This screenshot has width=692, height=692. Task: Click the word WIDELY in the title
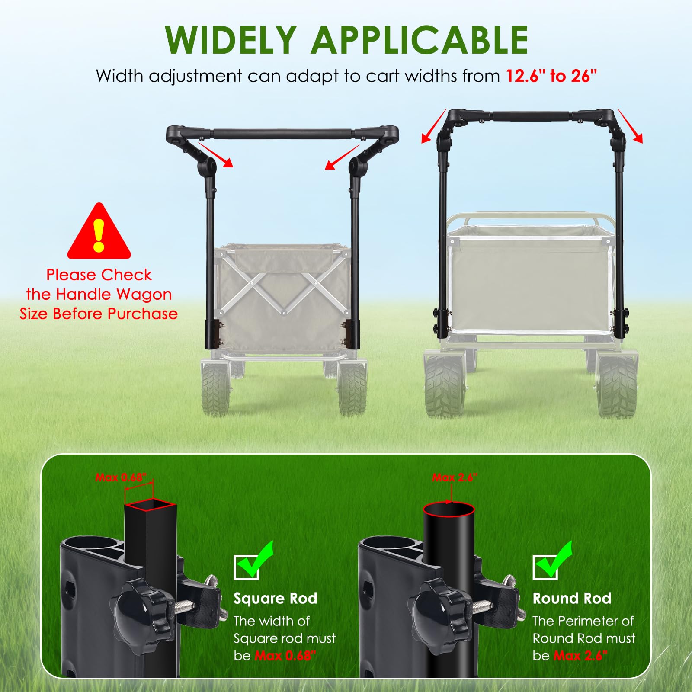[x=231, y=40]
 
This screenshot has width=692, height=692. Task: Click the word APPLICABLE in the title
[x=420, y=40]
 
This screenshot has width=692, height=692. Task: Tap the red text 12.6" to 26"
[x=551, y=76]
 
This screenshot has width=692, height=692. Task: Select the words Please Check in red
[x=99, y=275]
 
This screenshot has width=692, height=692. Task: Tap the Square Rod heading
[x=276, y=598]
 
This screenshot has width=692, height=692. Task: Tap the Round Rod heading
[x=572, y=598]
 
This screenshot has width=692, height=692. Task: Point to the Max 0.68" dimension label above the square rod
[x=121, y=477]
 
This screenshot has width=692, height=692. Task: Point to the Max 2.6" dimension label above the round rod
[x=455, y=477]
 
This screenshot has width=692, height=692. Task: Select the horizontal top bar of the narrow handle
[x=282, y=133]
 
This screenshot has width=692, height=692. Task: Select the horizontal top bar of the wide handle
[x=532, y=116]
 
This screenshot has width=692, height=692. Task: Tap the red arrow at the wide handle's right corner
[x=630, y=125]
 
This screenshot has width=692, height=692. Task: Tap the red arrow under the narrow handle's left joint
[x=216, y=155]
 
